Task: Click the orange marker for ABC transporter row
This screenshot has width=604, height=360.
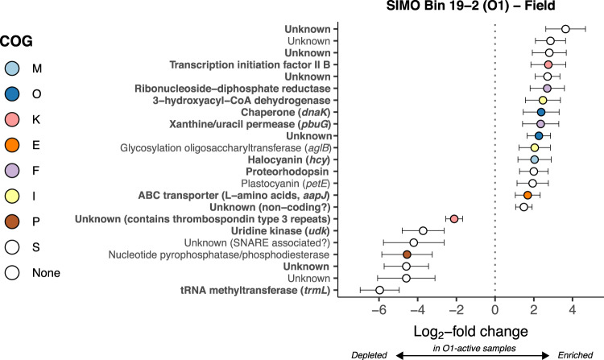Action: coord(527,195)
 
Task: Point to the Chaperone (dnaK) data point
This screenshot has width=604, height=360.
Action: coord(541,112)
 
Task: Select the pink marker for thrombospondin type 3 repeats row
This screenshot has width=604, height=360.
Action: coord(454,219)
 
